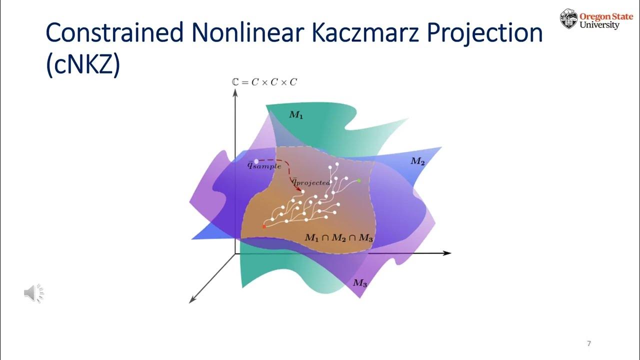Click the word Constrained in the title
coord(114,34)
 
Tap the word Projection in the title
coord(482,34)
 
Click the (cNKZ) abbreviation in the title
coord(83,66)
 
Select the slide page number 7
coord(589,343)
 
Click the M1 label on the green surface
coord(296,115)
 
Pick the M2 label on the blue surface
coord(417,160)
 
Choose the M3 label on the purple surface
coord(360,283)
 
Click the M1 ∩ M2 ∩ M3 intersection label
coord(339,238)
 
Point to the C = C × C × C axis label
coord(264,81)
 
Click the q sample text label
coord(264,165)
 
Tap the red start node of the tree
coord(264,226)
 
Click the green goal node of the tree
coord(359,180)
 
